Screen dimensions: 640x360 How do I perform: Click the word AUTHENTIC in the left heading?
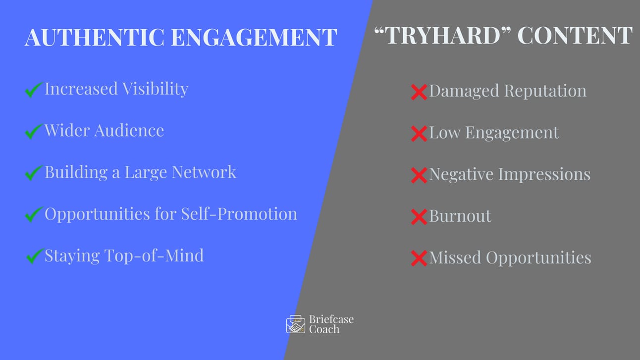95,37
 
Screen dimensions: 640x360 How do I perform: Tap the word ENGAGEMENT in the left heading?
254,37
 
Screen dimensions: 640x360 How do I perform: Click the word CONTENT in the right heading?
575,35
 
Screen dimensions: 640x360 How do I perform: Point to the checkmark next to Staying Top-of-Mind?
35,256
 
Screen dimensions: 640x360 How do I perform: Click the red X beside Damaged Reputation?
419,92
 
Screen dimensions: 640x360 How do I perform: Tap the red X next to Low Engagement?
419,134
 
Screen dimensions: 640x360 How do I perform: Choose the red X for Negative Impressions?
419,175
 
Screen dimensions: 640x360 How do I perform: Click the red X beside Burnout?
419,217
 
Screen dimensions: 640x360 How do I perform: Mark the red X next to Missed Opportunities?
419,258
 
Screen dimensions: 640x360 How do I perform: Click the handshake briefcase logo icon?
296,324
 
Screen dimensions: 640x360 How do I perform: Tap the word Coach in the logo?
324,329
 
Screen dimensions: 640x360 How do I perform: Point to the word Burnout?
460,216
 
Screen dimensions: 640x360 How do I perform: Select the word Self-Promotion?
239,214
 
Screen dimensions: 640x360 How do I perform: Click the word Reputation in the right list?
545,91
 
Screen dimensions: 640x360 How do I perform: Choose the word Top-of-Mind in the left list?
154,255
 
